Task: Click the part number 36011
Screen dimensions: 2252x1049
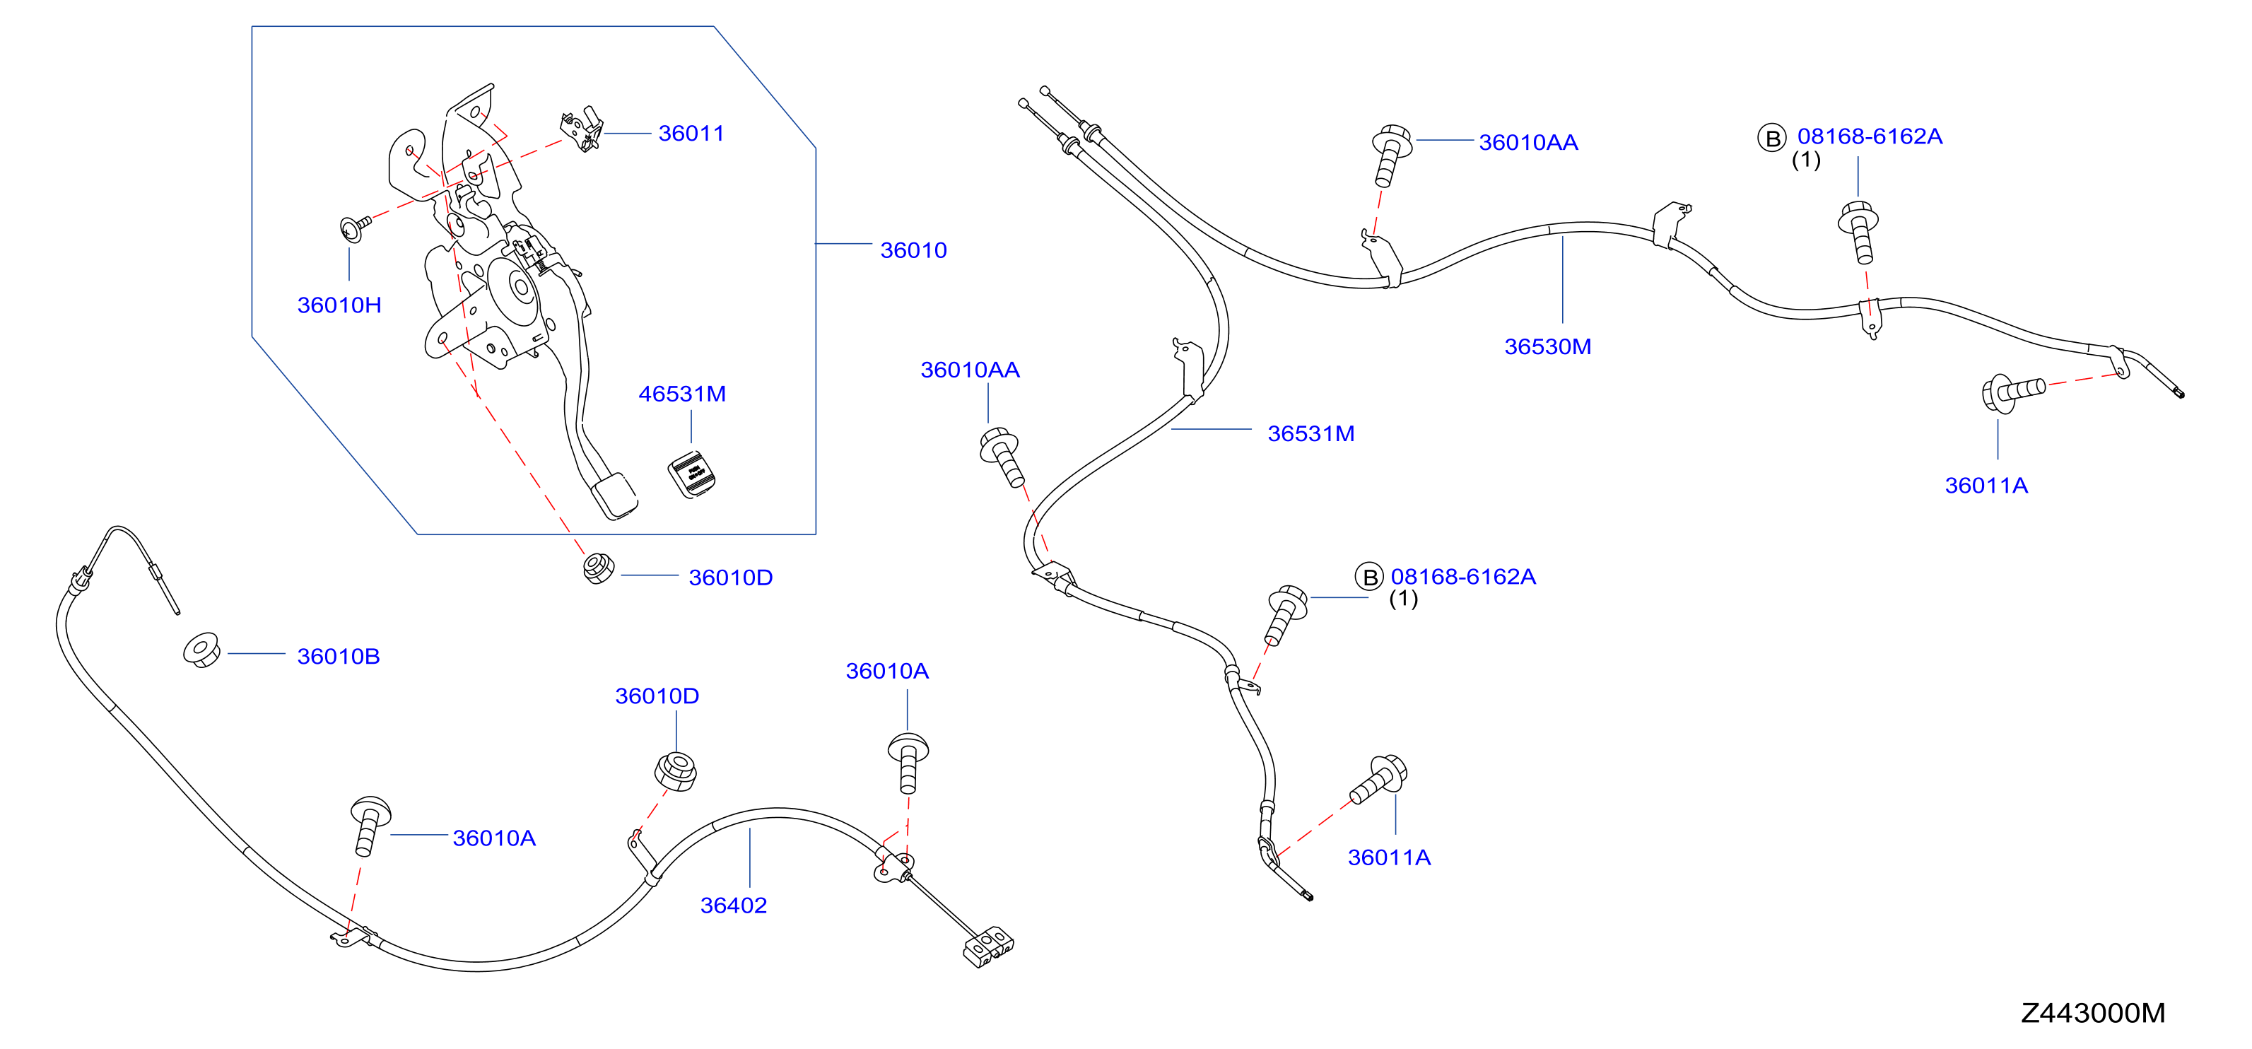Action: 691,134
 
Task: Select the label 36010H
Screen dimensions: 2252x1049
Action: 339,305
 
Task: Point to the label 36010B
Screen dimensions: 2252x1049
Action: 339,657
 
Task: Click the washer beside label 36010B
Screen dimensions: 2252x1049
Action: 202,650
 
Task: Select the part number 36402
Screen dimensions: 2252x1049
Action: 734,906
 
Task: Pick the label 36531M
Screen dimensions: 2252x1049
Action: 1310,433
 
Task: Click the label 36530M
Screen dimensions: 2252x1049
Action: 1547,347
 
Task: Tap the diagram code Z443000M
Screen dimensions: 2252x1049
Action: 2093,1013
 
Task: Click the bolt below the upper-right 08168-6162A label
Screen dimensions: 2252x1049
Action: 1860,232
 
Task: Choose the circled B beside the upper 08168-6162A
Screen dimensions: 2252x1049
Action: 1772,138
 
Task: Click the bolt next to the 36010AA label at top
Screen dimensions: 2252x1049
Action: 1391,156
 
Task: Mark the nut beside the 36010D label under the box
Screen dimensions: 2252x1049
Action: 598,568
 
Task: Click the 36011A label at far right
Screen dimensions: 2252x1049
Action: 1986,486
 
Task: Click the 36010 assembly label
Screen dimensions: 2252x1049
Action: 913,251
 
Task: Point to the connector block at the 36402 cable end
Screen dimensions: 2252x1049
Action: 988,950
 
